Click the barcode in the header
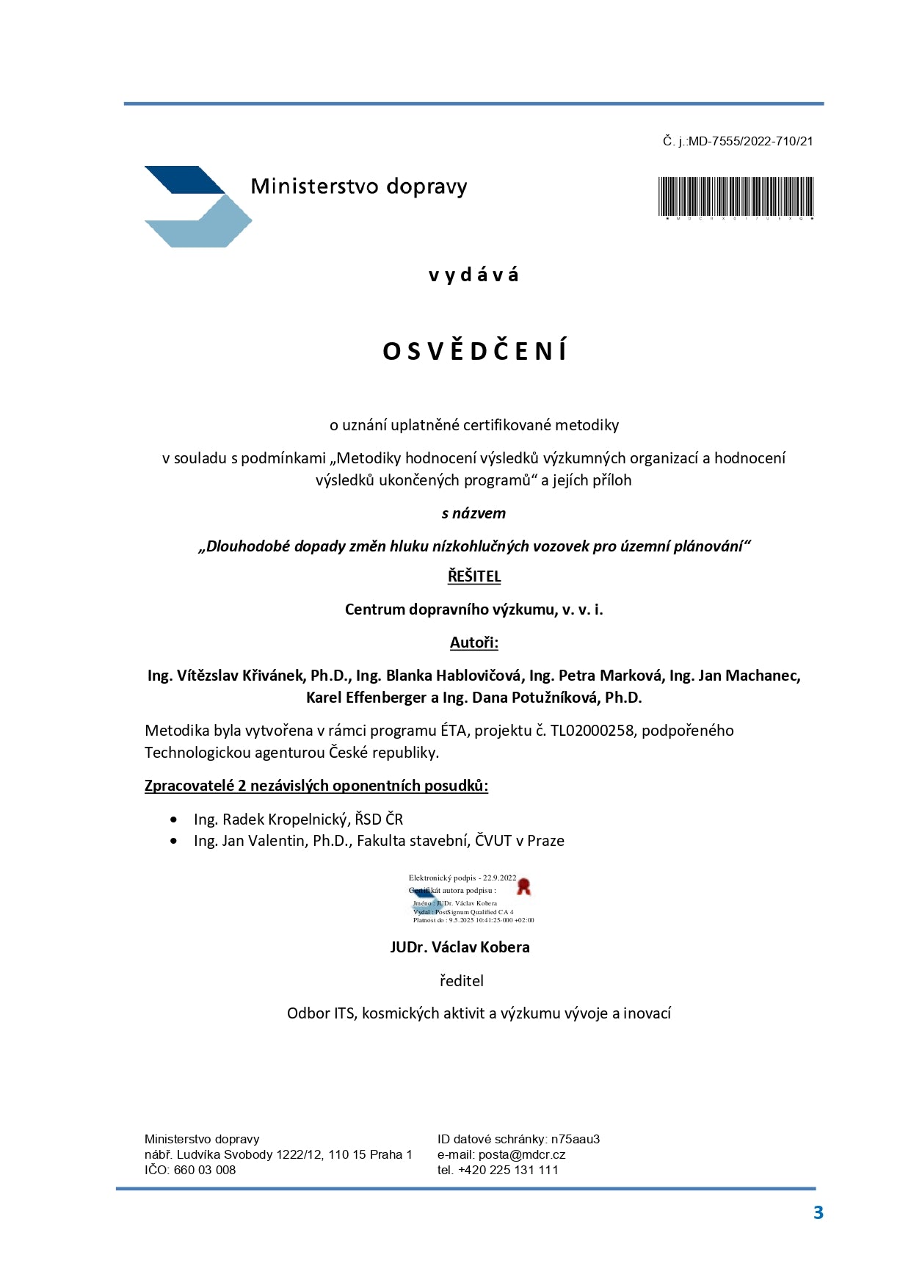(x=736, y=196)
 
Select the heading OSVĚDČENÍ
(x=474, y=351)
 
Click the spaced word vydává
(x=473, y=275)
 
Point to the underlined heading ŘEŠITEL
(x=474, y=576)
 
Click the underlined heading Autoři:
(x=473, y=643)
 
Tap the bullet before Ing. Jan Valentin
(x=173, y=842)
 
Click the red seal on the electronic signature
(x=523, y=886)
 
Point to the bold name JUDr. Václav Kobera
(x=460, y=947)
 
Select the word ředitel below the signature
(x=461, y=981)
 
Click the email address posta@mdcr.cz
(x=521, y=1154)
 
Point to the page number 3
(x=818, y=1212)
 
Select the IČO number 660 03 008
(x=205, y=1170)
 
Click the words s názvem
(x=473, y=513)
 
